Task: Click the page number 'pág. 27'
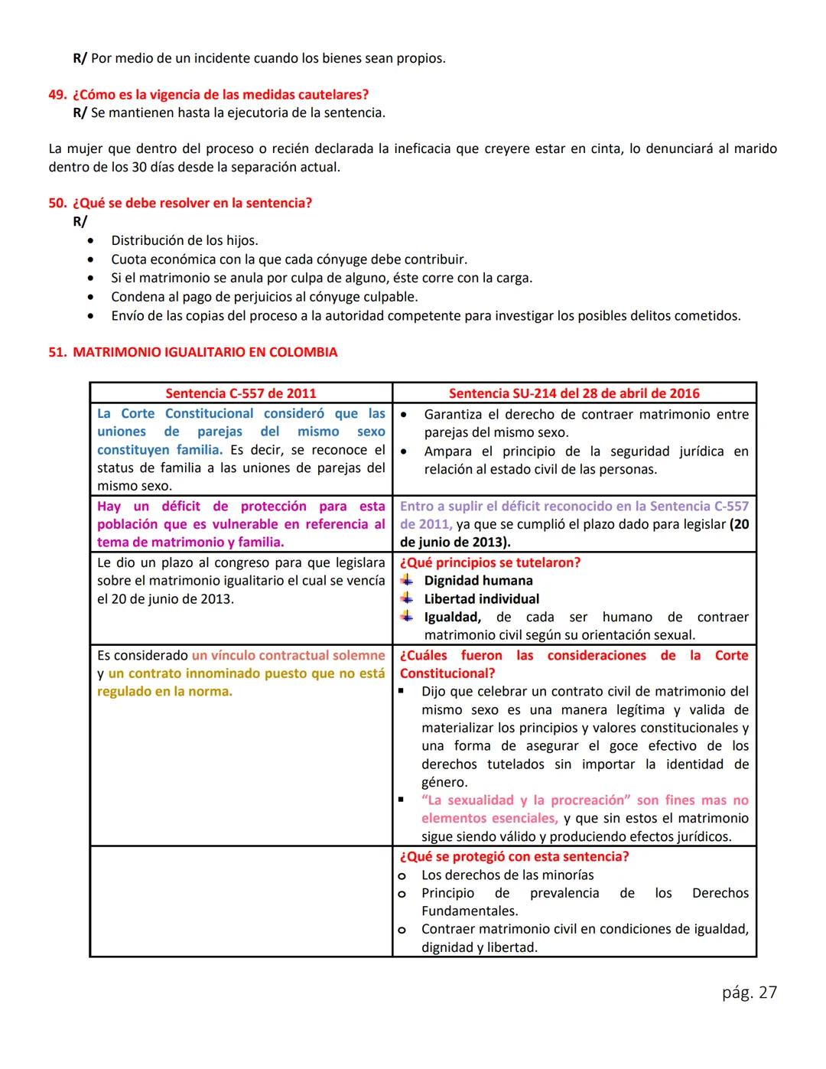pos(749,992)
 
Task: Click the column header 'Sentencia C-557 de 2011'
pos(240,393)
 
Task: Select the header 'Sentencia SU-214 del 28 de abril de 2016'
pos(574,393)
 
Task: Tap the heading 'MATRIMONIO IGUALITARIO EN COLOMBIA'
pos(204,353)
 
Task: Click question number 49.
pos(57,95)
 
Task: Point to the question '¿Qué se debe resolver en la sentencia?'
pos(192,204)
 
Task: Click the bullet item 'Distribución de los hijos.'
pos(184,240)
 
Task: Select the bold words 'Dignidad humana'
pos(478,581)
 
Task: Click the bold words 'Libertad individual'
pos(481,599)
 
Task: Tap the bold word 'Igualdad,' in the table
pos(452,618)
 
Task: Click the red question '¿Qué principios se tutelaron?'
pos(489,562)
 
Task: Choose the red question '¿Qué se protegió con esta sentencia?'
pos(514,857)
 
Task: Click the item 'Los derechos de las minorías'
pos(507,875)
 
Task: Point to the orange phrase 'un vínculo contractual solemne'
pos(288,656)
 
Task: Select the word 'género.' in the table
pos(444,782)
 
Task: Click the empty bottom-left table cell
pos(241,901)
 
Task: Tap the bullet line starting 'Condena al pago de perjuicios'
pos(264,297)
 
